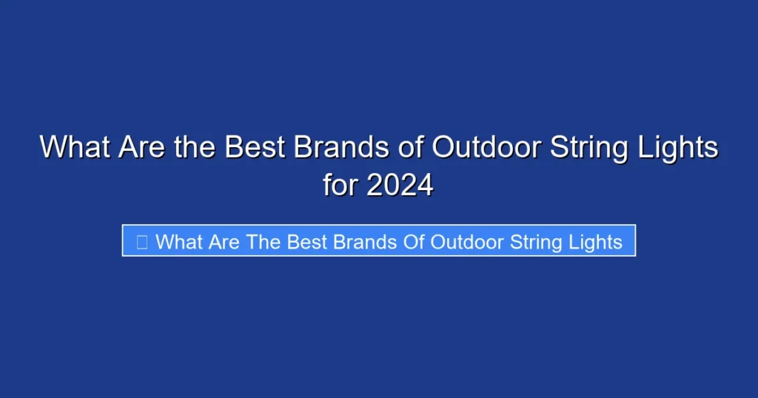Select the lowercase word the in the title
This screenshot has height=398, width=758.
pos(196,147)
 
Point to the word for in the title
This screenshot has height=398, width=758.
pos(340,185)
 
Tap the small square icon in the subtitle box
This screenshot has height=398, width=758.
pos(141,241)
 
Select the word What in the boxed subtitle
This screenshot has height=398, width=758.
pos(178,241)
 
